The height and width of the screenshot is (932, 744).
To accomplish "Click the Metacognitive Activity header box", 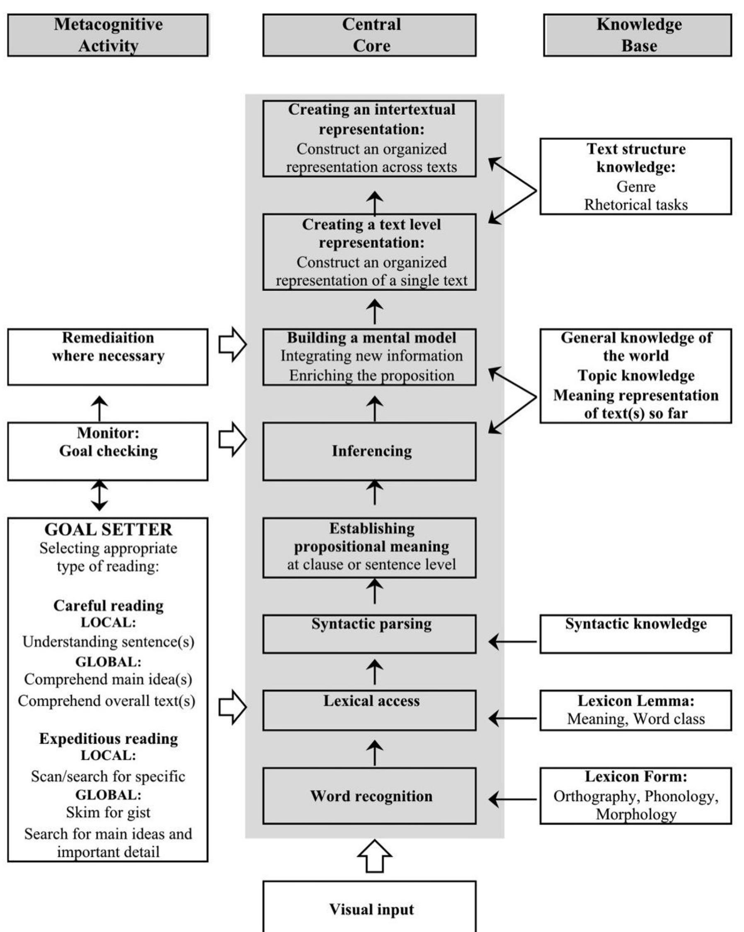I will [x=108, y=35].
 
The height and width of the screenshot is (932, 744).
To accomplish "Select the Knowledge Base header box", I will [x=637, y=35].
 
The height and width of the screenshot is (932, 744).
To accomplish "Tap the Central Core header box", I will [x=369, y=35].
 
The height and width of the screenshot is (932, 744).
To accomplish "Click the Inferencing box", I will [x=369, y=451].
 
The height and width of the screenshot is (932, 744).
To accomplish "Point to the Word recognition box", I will [x=369, y=796].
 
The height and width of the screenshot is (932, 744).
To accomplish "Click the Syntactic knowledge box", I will [x=635, y=634].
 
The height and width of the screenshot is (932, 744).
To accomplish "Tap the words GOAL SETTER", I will [x=108, y=529].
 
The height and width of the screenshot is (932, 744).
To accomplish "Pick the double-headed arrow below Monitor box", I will [x=100, y=495].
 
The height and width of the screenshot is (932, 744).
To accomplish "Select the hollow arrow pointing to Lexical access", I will [x=232, y=707].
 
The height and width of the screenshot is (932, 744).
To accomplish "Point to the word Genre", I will [x=635, y=186].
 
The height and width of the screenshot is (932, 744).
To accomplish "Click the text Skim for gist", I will [x=108, y=812].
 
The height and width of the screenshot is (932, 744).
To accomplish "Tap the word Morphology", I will [x=635, y=814].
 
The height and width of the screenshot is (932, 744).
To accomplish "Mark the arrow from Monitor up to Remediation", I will [x=100, y=408].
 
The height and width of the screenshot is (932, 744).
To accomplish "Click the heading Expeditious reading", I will [x=108, y=739].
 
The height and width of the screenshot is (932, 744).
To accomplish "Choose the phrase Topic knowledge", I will [x=635, y=375].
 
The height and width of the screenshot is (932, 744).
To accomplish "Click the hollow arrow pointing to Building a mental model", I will [x=232, y=344].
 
